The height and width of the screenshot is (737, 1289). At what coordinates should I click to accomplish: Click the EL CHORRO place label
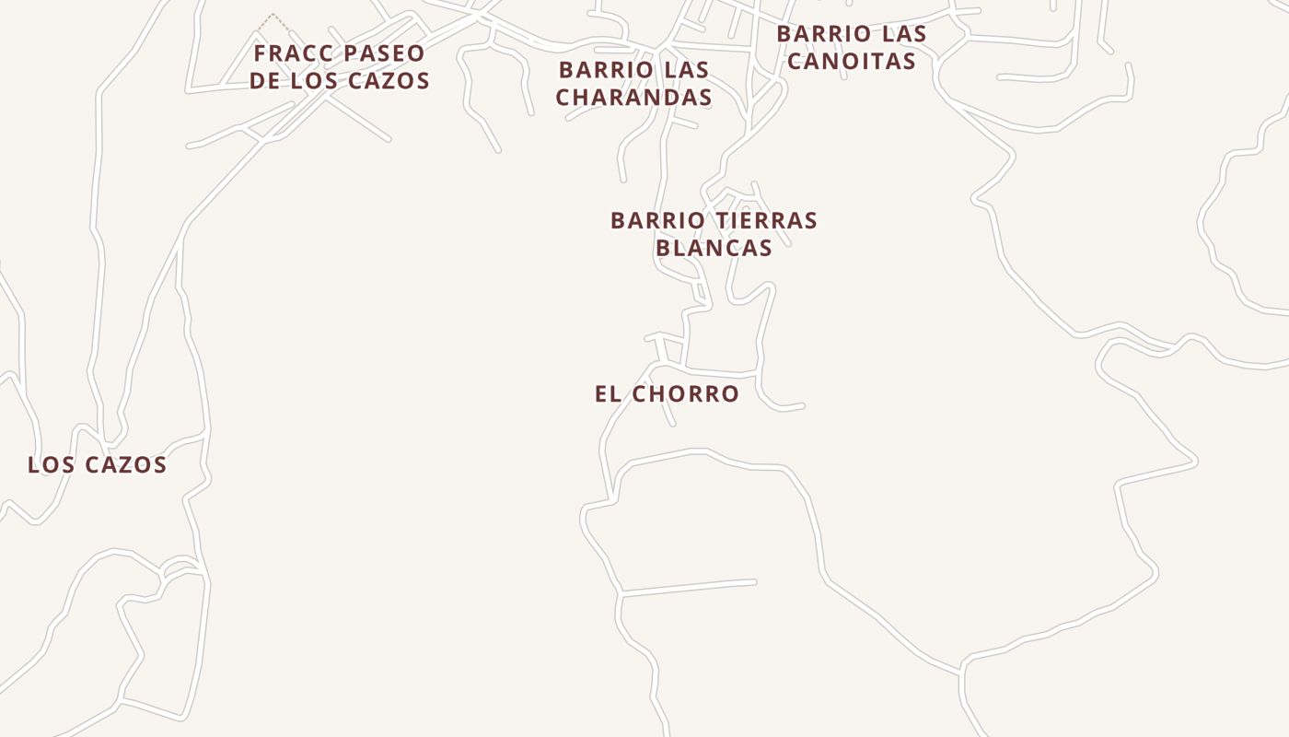click(667, 394)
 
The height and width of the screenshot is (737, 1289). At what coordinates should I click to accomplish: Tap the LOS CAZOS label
click(98, 465)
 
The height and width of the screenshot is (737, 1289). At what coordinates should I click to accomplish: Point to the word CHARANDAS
click(633, 98)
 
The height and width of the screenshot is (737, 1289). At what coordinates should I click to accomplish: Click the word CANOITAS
click(852, 62)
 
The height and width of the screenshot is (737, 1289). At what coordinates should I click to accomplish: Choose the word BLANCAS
click(714, 249)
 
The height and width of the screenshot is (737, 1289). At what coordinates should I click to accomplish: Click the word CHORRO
click(687, 394)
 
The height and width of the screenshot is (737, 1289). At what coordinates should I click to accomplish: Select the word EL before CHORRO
click(608, 394)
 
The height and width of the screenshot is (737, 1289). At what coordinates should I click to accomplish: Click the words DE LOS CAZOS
click(340, 81)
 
